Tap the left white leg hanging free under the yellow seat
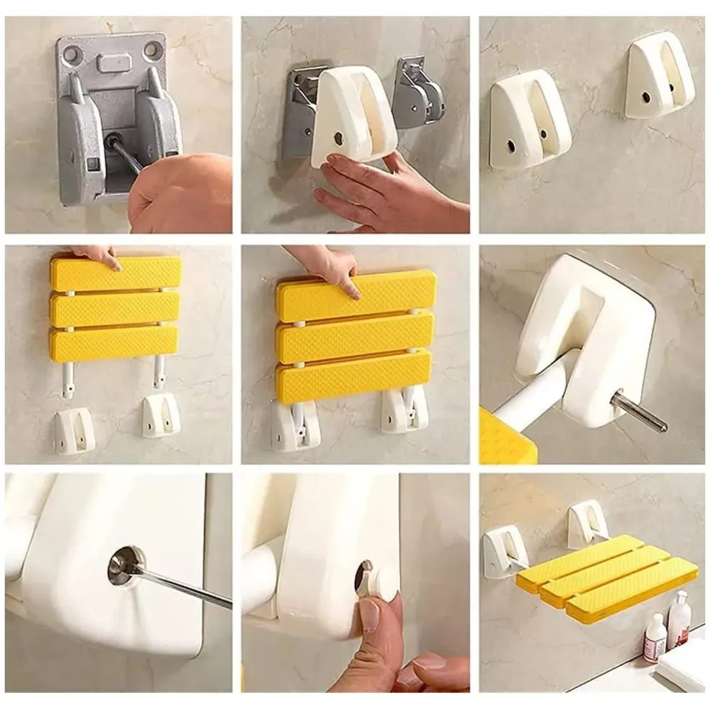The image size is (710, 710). click(69, 376)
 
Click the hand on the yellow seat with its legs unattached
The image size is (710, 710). click(99, 256)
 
